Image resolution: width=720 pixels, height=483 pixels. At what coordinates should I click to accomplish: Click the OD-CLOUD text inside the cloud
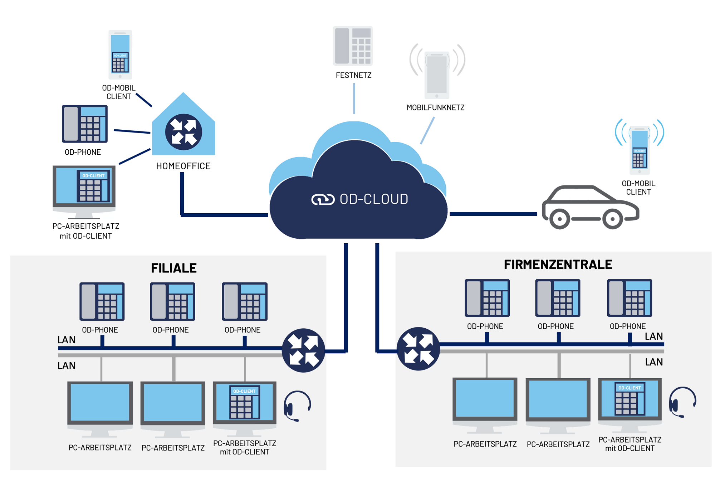point(374,199)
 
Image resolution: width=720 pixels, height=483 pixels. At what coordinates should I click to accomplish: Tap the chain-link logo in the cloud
point(323,199)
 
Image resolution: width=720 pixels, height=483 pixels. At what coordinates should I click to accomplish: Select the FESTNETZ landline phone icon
point(353,46)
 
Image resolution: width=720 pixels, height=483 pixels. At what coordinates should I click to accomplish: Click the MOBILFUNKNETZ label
point(435,108)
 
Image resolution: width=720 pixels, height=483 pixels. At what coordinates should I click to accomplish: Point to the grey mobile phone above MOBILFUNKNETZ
point(437,75)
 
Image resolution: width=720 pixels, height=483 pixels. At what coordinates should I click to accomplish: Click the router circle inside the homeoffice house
point(183,132)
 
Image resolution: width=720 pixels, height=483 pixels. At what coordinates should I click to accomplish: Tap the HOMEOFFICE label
point(183,166)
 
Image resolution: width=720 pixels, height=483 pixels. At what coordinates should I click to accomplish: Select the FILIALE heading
point(174,268)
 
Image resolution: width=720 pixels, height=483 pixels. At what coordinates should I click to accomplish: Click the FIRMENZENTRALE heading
point(558,264)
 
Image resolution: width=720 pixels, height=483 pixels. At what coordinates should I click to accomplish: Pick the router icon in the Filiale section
point(303,350)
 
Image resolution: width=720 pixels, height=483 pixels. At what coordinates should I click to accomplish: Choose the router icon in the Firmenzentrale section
point(418,349)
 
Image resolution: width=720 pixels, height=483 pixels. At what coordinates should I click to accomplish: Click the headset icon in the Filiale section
point(297,406)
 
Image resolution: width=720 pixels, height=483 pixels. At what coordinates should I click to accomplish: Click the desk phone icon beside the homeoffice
point(85,124)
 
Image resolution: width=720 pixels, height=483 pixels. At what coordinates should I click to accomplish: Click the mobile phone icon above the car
point(640,150)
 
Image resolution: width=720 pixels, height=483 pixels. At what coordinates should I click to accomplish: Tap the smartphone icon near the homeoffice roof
point(120,55)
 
